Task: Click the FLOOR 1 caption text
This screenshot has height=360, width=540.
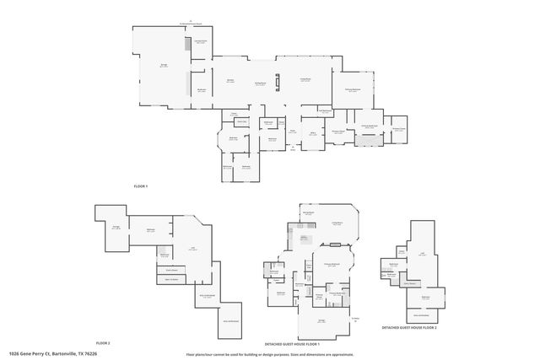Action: [x=140, y=185]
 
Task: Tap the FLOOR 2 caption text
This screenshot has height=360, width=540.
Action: [x=103, y=342]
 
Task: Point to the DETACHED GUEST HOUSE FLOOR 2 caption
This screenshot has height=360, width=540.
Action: [x=408, y=327]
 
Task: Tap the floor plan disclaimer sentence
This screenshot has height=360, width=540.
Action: [x=270, y=354]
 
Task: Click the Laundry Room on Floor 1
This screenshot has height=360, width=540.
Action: [x=202, y=42]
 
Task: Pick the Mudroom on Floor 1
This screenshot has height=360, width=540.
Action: [x=202, y=89]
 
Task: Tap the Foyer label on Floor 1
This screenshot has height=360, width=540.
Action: [x=293, y=131]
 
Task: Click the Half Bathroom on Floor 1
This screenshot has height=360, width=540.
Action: [x=324, y=110]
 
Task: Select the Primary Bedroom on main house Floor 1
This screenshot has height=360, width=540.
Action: [x=353, y=90]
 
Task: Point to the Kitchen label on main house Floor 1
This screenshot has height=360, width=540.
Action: [x=229, y=81]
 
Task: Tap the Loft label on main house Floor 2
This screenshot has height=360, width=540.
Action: [x=193, y=248]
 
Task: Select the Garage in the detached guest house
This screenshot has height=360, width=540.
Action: [x=321, y=320]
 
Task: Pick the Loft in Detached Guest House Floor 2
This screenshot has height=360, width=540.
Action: [x=422, y=252]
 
